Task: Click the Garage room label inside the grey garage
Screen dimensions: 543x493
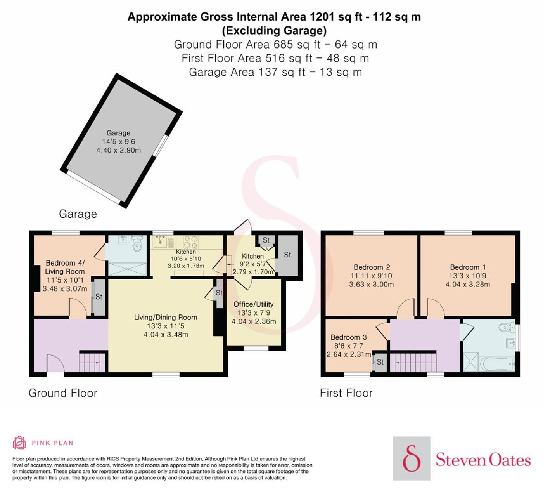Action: [118, 133]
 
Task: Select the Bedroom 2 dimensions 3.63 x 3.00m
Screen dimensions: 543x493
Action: [372, 284]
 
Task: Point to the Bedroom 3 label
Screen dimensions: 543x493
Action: [349, 337]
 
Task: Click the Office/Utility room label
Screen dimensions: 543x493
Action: [254, 304]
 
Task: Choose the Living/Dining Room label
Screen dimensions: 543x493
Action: [166, 318]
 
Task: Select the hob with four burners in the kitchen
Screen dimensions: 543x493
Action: [191, 242]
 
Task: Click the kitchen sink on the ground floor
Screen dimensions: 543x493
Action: [161, 241]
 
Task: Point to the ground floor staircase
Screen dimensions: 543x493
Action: [92, 362]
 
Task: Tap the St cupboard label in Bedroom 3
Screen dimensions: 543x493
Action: [380, 362]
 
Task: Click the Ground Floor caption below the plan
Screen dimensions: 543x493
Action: [63, 393]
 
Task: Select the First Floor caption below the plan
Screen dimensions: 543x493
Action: [346, 393]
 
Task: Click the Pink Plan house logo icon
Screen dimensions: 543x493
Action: [19, 442]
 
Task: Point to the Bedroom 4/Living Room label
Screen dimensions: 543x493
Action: [65, 267]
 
